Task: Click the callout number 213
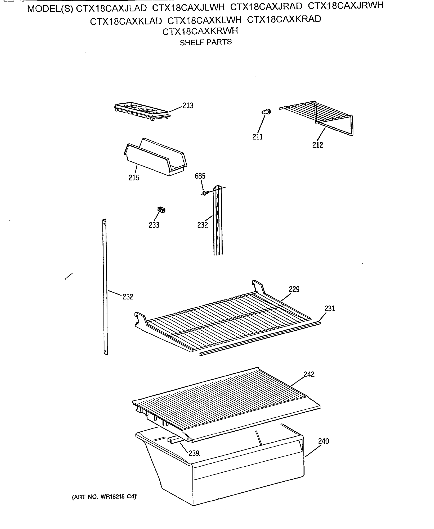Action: point(188,106)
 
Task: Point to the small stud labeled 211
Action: point(266,112)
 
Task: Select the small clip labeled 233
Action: point(161,210)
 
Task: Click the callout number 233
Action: point(154,225)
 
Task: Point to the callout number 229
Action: point(294,289)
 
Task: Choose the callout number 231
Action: point(330,309)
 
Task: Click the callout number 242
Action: point(309,374)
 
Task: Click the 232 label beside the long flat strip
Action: point(128,297)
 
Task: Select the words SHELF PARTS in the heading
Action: point(205,42)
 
